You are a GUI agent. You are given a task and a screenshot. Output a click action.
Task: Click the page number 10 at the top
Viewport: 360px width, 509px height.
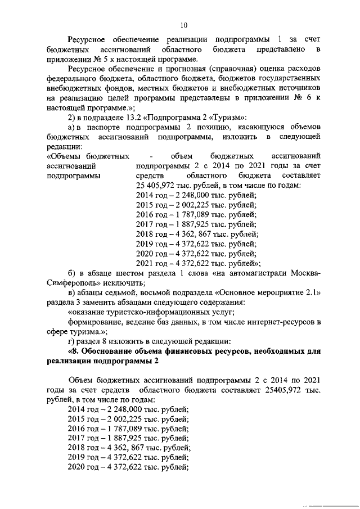[x=183, y=24]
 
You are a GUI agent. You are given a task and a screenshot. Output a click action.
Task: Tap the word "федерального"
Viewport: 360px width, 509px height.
[x=70, y=79]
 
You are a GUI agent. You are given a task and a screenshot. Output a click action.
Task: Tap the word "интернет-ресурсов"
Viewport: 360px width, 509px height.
[x=278, y=322]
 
